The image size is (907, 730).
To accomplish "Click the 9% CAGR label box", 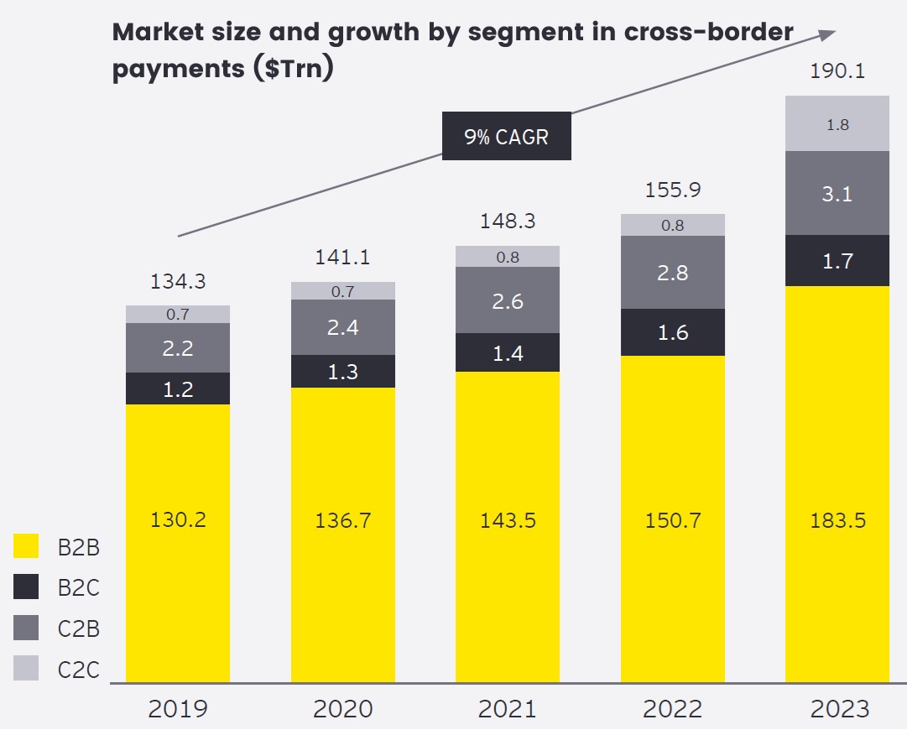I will pyautogui.click(x=507, y=136).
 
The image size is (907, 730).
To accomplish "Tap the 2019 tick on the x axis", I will pyautogui.click(x=177, y=709).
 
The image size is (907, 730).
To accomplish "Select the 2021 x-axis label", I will pyautogui.click(x=507, y=709).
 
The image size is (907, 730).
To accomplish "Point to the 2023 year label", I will pyautogui.click(x=839, y=709).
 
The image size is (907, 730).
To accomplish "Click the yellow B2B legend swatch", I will pyautogui.click(x=26, y=547).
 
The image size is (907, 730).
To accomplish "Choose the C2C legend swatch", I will pyautogui.click(x=26, y=669).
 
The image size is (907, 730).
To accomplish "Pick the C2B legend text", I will pyautogui.click(x=79, y=628).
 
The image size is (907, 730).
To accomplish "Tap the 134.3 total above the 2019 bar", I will pyautogui.click(x=178, y=282).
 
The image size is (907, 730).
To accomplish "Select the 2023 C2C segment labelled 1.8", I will pyautogui.click(x=837, y=124).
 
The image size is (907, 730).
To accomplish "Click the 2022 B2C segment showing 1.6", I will pyautogui.click(x=672, y=332).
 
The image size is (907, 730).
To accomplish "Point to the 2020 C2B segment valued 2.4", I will pyautogui.click(x=342, y=327).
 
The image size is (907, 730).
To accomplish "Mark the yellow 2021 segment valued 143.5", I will pyautogui.click(x=507, y=520).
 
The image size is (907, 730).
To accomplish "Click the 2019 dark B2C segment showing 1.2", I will pyautogui.click(x=178, y=388).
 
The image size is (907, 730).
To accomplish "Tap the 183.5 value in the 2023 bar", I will pyautogui.click(x=837, y=520).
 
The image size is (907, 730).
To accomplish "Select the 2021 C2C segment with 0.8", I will pyautogui.click(x=507, y=257).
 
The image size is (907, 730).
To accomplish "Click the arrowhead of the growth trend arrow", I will pyautogui.click(x=828, y=33).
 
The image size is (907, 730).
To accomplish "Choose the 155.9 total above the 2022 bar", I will pyautogui.click(x=672, y=190).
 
